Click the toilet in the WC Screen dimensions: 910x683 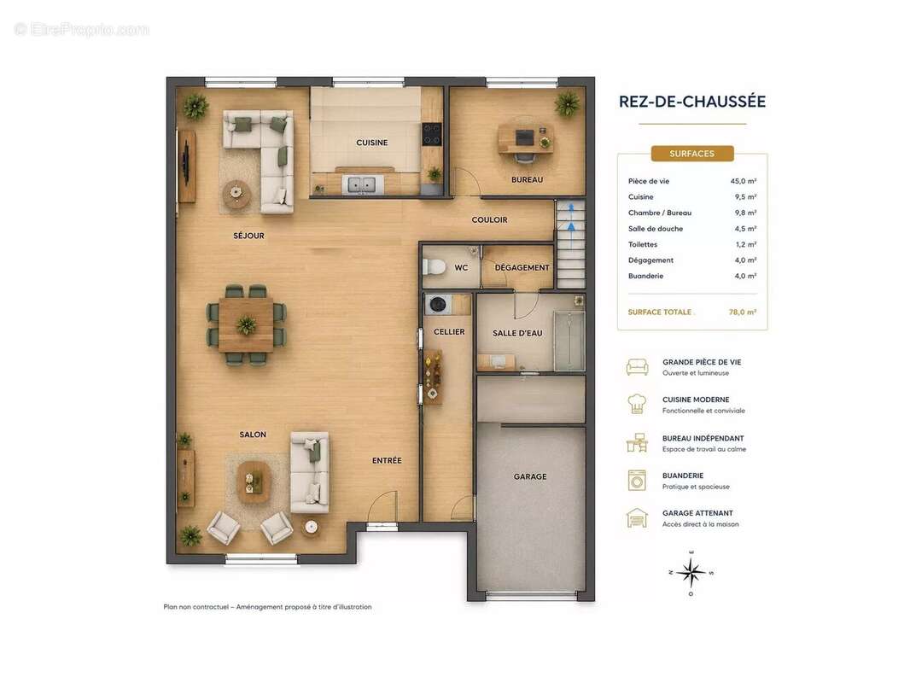click(x=434, y=267)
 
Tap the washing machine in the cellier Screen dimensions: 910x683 click(x=436, y=304)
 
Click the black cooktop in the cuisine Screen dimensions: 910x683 click(x=432, y=134)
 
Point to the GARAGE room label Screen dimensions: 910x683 click(x=530, y=476)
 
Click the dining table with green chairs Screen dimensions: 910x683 click(x=246, y=324)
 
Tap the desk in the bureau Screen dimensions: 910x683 click(x=525, y=139)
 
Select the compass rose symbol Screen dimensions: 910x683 click(x=691, y=572)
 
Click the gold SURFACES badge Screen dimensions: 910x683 click(x=692, y=154)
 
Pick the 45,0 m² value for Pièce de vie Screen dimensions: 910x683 click(x=743, y=181)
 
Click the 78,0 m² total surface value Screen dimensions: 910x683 click(x=743, y=312)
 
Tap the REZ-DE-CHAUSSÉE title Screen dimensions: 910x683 click(x=692, y=102)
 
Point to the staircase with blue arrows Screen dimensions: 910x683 click(x=571, y=243)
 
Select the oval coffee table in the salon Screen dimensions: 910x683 click(x=254, y=481)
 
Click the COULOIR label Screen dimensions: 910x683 click(x=489, y=220)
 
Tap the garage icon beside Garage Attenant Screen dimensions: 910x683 click(x=637, y=517)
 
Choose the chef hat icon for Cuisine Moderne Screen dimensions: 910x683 click(x=637, y=404)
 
